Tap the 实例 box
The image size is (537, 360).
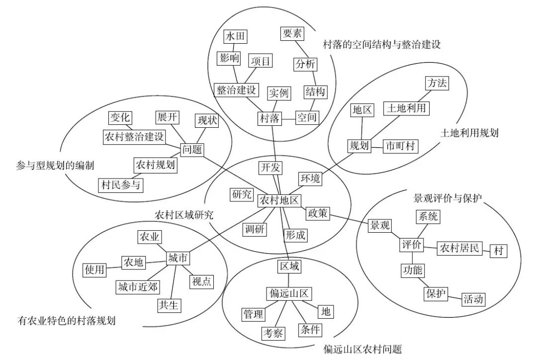278,93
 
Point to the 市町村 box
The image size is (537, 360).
401,146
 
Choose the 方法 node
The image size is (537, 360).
437,83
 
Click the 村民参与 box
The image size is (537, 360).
121,184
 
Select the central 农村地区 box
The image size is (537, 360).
279,200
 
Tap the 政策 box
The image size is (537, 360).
317,213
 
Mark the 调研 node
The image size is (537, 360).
255,229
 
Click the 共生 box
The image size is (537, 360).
169,304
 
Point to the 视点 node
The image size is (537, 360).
201,281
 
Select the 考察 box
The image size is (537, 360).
273,333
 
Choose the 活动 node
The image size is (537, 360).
473,299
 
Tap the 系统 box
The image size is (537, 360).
427,217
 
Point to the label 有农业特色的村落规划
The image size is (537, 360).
66,321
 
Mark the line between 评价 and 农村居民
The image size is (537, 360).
430,246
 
